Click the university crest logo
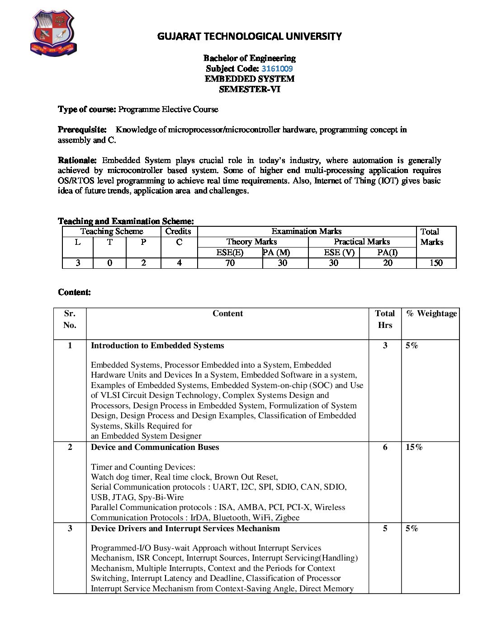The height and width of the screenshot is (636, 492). [53, 33]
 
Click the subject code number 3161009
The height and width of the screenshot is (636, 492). [277, 69]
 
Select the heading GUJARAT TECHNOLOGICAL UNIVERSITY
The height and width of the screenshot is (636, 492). [249, 37]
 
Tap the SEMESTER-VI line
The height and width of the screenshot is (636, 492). [250, 89]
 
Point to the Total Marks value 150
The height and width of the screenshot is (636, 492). [436, 263]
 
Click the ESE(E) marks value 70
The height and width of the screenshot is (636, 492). [230, 263]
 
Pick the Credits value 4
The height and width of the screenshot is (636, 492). [179, 263]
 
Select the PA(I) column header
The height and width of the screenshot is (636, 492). [388, 253]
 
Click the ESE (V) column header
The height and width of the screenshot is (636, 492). [339, 253]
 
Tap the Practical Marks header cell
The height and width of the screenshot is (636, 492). [362, 242]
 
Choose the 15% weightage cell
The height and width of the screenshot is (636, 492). [414, 447]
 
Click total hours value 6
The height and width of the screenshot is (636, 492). [385, 447]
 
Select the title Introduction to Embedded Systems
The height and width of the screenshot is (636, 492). [157, 346]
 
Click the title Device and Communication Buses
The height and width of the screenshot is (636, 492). [155, 447]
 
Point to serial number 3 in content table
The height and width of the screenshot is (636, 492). [70, 528]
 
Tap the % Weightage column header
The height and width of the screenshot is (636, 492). [431, 313]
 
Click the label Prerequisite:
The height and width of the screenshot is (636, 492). [82, 130]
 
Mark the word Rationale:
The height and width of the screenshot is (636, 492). [77, 160]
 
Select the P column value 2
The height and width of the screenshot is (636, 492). [143, 263]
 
